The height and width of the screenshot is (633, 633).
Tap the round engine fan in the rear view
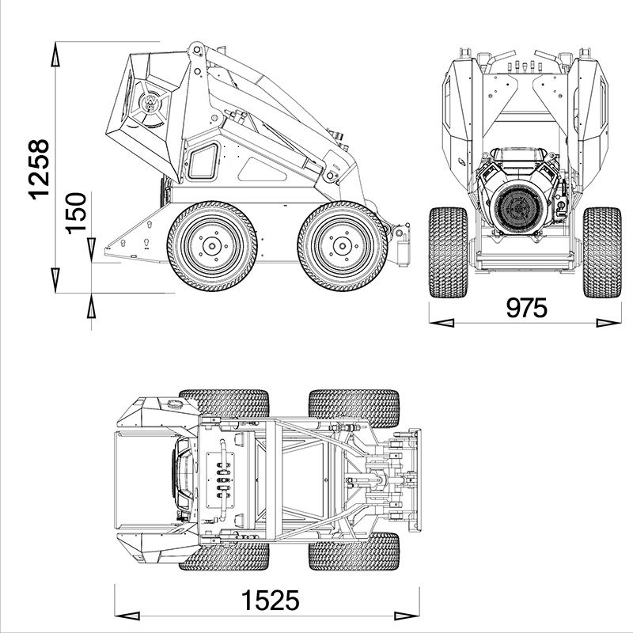(x=521, y=207)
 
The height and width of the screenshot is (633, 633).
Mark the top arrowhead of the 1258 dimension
(x=55, y=55)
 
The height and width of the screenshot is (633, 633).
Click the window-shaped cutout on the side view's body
(x=203, y=161)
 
